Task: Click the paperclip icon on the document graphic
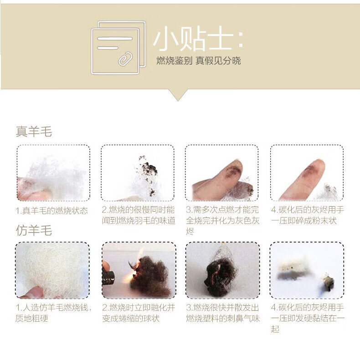(125, 59)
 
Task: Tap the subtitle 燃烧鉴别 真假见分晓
(199, 61)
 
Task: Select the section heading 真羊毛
(34, 132)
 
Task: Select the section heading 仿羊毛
(34, 230)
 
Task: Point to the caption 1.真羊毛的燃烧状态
(51, 211)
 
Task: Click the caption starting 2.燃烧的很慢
(139, 215)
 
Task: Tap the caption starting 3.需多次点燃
(222, 220)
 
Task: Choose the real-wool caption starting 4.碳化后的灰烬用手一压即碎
(307, 215)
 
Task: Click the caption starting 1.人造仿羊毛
(53, 313)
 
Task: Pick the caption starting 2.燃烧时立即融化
(139, 313)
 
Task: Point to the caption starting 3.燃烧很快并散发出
(223, 313)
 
